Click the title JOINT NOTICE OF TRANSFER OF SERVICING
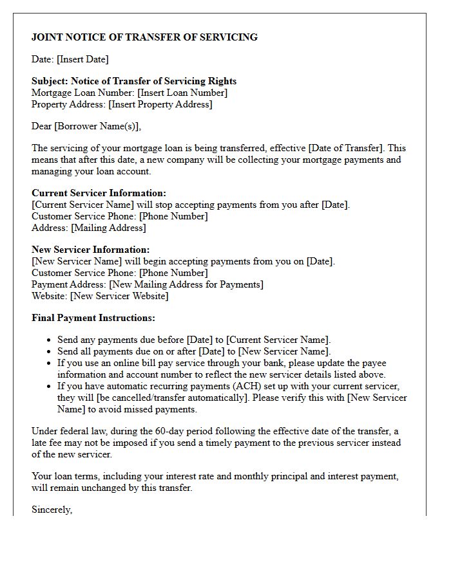pos(144,37)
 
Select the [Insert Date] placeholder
pos(82,59)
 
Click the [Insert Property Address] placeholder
pos(160,104)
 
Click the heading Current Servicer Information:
pos(99,193)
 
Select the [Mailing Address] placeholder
pos(108,228)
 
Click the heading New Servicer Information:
pos(90,250)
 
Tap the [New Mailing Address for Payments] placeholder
pos(186,284)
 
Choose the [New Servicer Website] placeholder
pos(119,296)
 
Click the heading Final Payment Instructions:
pos(93,318)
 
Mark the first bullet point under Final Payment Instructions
pos(50,340)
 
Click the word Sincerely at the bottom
pos(52,510)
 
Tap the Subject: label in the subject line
pos(50,81)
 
